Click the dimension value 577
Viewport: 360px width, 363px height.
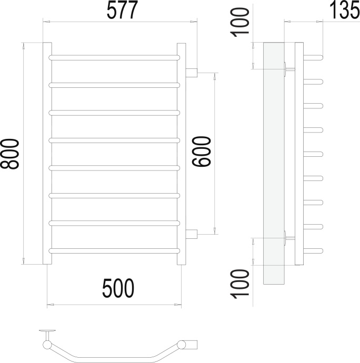122,9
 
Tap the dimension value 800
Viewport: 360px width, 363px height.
9,154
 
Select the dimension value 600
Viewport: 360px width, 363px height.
202,152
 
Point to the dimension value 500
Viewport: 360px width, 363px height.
118,288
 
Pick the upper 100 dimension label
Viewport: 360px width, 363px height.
239,22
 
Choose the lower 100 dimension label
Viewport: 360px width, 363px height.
239,284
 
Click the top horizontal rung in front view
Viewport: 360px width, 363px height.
114,58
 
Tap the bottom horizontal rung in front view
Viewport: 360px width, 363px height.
114,251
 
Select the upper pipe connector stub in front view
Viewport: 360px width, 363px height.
192,73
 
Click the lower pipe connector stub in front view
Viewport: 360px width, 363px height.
192,234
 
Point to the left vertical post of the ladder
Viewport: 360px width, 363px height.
47,153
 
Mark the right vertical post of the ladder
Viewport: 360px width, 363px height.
182,154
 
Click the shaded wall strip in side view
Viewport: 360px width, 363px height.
274,163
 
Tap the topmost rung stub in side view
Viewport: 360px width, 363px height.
313,58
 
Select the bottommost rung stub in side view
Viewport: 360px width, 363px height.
313,251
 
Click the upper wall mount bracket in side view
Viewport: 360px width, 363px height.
289,69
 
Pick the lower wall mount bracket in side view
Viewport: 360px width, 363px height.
289,238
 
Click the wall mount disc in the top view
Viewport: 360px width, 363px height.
47,330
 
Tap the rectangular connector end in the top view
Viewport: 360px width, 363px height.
192,345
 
